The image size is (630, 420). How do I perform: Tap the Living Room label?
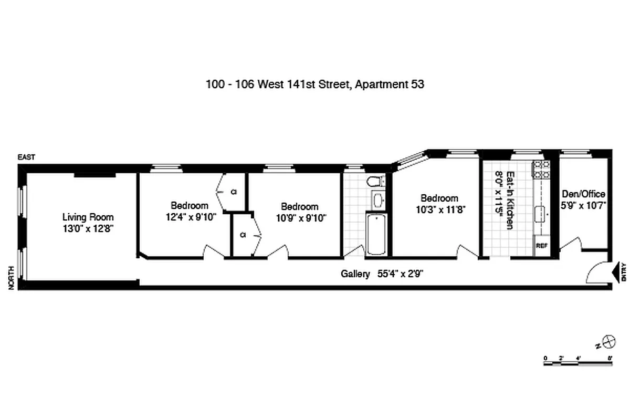[x=88, y=217]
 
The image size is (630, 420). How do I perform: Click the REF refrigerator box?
[x=541, y=245]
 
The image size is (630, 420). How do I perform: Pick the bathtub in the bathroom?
[x=375, y=234]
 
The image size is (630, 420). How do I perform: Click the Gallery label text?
[x=356, y=274]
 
